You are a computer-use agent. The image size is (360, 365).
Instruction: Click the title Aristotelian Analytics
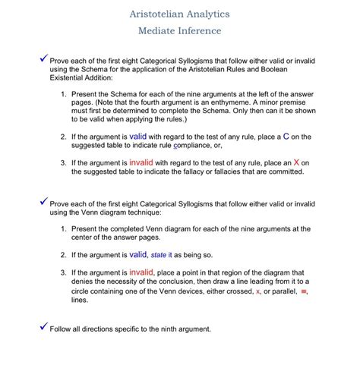click(180, 14)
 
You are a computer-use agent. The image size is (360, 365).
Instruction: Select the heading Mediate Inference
click(180, 31)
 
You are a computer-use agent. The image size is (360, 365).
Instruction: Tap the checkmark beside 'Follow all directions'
click(43, 327)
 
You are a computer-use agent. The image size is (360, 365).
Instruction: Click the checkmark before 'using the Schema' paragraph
click(43, 58)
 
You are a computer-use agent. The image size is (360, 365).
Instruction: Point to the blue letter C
click(286, 136)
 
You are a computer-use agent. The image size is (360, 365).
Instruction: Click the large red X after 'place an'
click(296, 162)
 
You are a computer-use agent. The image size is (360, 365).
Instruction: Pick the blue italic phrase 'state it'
click(162, 256)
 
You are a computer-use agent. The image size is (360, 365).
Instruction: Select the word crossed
click(234, 291)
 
